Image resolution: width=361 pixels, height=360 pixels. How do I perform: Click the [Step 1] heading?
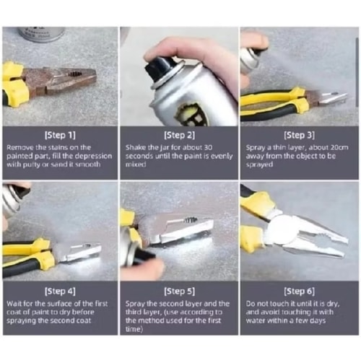coord(60,135)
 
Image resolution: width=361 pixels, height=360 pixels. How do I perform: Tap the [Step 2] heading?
coord(179,135)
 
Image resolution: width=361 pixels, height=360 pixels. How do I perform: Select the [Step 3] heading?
coord(299,135)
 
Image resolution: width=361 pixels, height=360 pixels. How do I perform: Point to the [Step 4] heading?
coord(60,291)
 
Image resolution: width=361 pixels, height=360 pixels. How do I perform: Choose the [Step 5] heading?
coord(179,291)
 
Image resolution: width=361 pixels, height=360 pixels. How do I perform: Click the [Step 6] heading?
coord(299,291)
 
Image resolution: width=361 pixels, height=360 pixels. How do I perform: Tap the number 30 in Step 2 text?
coord(208,147)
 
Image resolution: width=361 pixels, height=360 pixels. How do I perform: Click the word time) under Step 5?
coord(134,329)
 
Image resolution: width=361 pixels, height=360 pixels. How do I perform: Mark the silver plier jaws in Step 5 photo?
coord(183,229)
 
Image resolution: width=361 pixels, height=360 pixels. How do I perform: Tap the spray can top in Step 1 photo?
coord(42,34)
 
